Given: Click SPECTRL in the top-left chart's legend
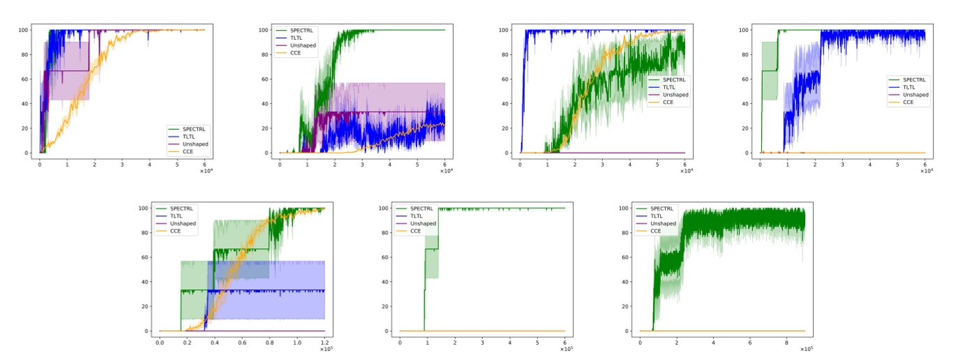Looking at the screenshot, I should coord(197,129).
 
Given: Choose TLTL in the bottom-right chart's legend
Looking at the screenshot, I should coord(659,216).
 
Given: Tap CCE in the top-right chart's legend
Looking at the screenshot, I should coord(908,102).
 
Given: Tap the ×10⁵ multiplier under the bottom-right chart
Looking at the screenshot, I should coord(808,349).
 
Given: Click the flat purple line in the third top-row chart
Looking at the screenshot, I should coord(614,153).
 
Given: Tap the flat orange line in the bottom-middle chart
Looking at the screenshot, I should coord(488,331).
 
